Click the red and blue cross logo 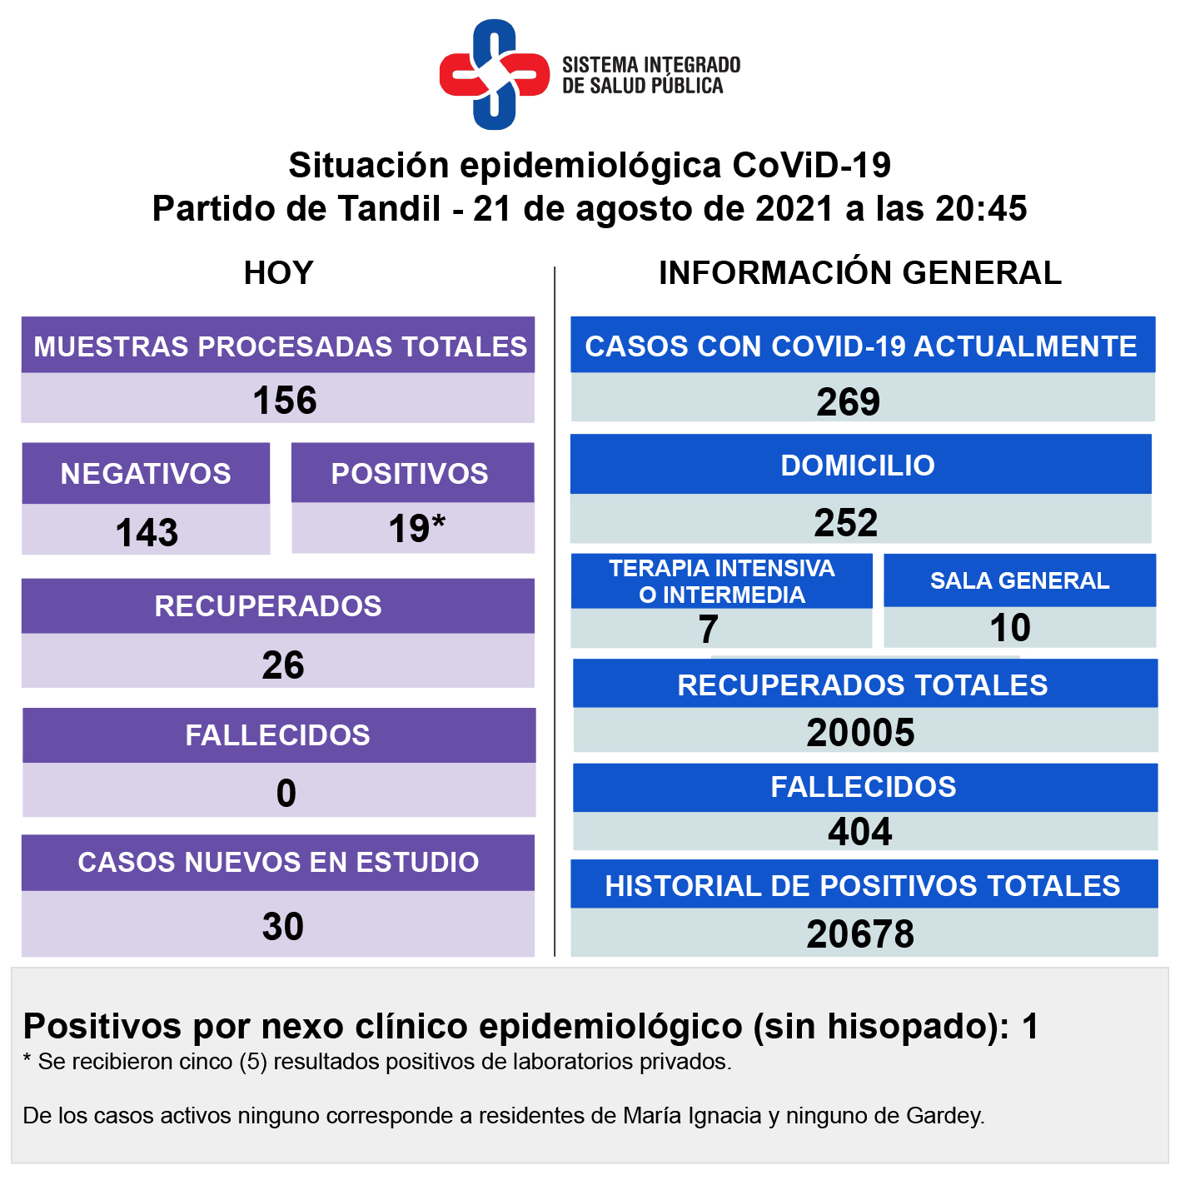495,75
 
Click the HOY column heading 278,273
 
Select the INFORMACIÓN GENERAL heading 859,273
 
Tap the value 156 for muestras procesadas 285,401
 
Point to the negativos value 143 147,533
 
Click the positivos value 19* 416,529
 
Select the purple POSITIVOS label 410,474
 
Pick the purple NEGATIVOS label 146,474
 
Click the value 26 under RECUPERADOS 283,665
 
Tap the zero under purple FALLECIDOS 286,794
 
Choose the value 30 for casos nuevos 283,927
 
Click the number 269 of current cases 848,402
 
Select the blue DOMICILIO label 858,466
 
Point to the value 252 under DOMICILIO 846,523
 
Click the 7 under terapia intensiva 708,630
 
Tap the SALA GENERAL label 1019,580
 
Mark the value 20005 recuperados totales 860,733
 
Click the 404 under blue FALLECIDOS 860,832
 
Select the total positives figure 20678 860,934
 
